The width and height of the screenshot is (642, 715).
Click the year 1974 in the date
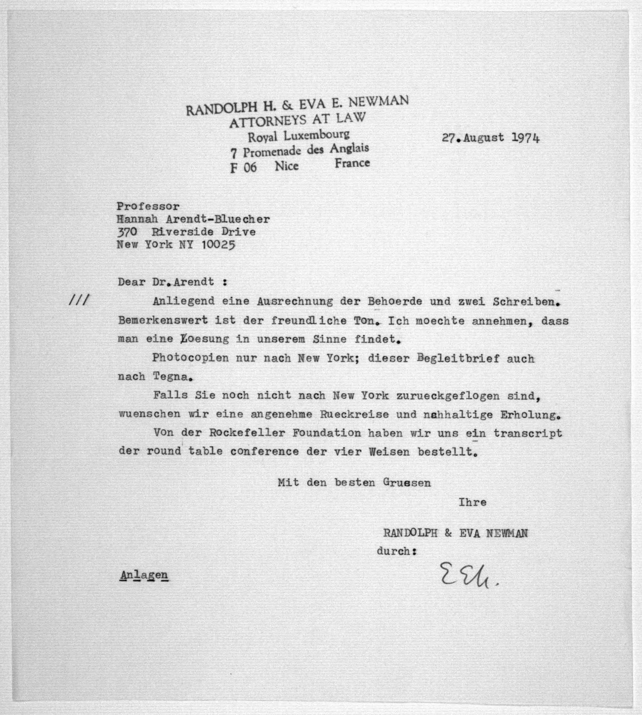[x=525, y=138]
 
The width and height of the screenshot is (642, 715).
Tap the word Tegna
[x=172, y=377]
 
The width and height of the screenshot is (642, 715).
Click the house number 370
[x=127, y=232]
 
